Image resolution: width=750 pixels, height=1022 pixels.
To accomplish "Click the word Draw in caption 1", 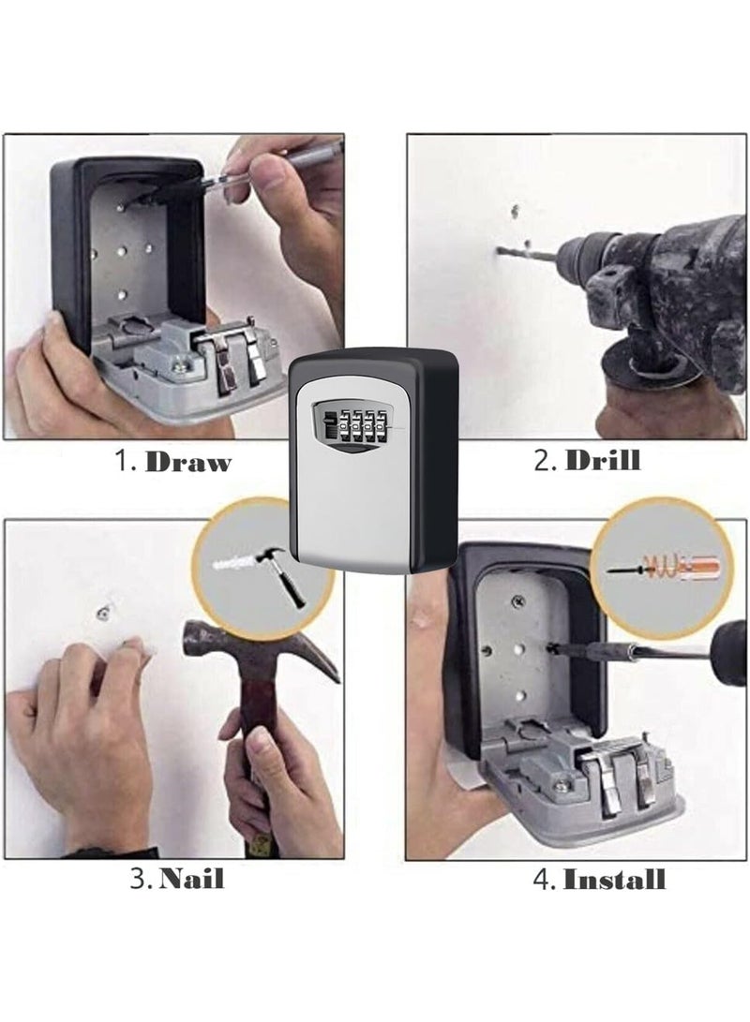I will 187,462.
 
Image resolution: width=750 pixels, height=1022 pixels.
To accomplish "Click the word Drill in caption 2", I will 603,460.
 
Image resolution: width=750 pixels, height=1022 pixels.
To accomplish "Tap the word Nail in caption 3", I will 191,879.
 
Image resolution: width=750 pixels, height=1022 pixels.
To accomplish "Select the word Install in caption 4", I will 614,879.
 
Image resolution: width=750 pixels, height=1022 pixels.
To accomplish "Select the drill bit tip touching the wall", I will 503,251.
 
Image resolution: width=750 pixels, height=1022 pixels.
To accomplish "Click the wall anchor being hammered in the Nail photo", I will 100,612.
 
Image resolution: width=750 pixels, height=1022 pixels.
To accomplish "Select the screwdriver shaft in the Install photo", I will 637,652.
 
